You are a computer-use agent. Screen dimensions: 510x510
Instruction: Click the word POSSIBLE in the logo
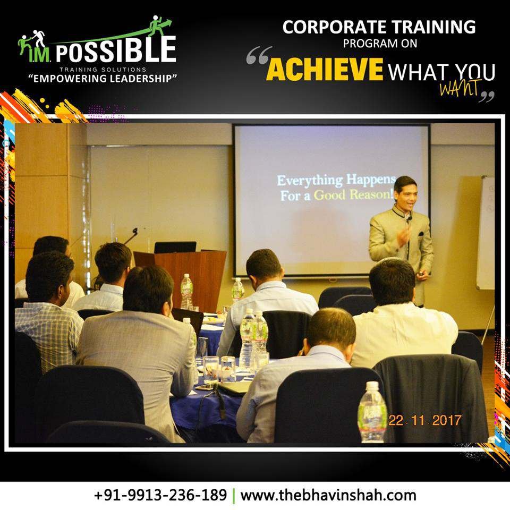tap(116, 49)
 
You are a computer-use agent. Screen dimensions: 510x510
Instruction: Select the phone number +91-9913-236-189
tap(160, 495)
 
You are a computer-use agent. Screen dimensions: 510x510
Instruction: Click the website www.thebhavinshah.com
tap(328, 495)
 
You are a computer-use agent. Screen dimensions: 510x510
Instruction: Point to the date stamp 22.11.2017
tap(424, 421)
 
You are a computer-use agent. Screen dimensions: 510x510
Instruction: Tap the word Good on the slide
tap(329, 195)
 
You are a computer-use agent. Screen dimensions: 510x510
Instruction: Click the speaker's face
tap(405, 197)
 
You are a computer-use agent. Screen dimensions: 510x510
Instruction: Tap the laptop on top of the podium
tap(175, 247)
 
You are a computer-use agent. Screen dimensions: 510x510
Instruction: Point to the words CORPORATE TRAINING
tap(379, 27)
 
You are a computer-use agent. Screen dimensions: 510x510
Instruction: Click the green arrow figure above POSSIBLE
tap(160, 26)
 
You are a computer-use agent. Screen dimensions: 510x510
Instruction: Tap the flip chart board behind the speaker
tap(485, 233)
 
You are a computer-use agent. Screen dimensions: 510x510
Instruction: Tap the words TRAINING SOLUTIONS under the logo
tap(103, 69)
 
